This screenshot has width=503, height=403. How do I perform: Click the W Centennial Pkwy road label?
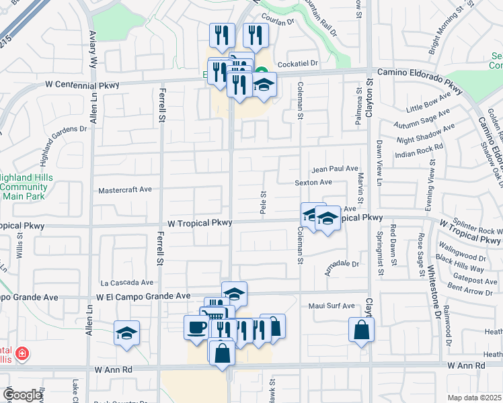83,85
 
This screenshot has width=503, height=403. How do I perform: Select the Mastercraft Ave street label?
125,191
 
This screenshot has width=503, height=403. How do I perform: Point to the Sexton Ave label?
313,182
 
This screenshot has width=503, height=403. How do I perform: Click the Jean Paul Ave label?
334,169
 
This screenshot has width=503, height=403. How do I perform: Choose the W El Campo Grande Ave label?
143,296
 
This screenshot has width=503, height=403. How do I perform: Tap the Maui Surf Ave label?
331,306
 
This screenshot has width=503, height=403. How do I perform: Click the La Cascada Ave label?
127,283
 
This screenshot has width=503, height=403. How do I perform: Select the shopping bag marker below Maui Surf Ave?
361,329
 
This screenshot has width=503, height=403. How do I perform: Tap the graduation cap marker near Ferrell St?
126,333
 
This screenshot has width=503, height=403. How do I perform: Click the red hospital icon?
22,353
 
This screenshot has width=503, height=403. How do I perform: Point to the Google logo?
22,395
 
